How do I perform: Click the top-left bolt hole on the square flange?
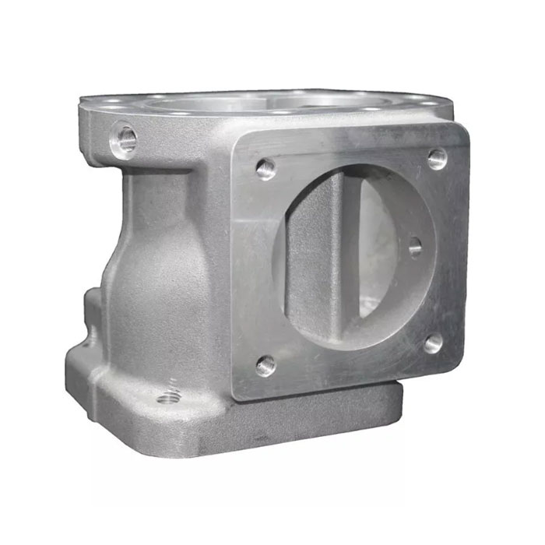265,167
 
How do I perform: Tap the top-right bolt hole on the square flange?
438,160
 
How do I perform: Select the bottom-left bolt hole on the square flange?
265,364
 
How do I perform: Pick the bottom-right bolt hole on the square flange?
433,343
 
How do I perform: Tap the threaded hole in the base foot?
167,399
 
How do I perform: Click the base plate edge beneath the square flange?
327,413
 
